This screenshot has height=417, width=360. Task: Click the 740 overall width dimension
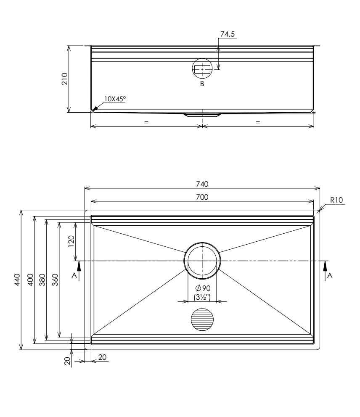[x=202, y=184]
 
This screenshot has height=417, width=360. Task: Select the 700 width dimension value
[x=202, y=197]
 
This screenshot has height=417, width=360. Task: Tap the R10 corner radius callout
[x=336, y=200]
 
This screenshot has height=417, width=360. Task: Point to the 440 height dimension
[x=17, y=280]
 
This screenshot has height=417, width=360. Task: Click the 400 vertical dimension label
[x=30, y=280]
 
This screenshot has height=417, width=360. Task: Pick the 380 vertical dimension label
[x=42, y=280]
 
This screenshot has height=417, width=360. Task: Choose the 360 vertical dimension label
[x=55, y=280]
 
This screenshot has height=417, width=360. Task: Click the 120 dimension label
[x=71, y=241]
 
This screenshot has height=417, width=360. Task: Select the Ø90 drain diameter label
[x=203, y=288]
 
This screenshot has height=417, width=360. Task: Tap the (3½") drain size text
[x=202, y=297]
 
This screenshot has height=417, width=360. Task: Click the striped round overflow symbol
[x=202, y=319]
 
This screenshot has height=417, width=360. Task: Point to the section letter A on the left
[x=74, y=275]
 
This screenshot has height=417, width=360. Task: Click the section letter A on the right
[x=330, y=275]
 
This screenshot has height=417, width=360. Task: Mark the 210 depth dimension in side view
[x=65, y=79]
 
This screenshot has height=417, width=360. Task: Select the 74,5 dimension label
[x=228, y=34]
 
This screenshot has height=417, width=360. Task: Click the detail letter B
[x=202, y=84]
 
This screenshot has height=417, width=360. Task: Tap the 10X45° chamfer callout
[x=115, y=99]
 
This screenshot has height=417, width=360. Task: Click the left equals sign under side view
[x=146, y=122]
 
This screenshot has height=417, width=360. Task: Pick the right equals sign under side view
[x=258, y=122]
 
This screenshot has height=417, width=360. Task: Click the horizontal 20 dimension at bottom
[x=103, y=357]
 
